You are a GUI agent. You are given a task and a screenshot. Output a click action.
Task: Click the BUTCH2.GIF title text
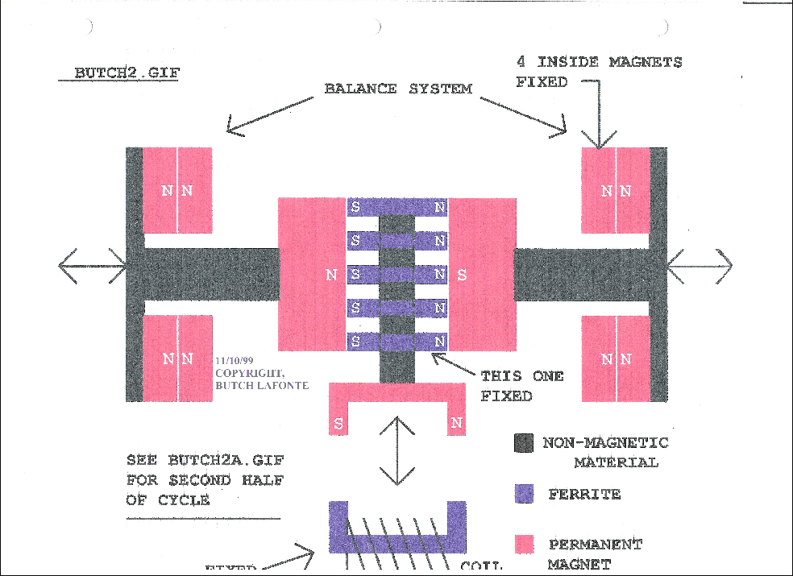(x=127, y=73)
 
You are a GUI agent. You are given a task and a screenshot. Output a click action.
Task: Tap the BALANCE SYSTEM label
(x=397, y=89)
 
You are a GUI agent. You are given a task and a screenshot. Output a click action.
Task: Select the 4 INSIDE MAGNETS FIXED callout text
(x=598, y=72)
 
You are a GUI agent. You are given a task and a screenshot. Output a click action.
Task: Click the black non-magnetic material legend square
(x=524, y=443)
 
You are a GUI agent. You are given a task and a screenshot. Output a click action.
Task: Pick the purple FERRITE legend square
(x=524, y=493)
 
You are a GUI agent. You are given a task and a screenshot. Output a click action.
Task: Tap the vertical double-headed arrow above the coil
(x=397, y=451)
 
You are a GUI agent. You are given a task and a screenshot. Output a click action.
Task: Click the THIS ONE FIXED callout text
(x=521, y=386)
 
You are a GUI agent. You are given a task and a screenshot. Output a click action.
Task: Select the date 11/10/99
(x=235, y=363)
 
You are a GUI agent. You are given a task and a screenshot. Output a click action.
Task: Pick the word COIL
(x=481, y=567)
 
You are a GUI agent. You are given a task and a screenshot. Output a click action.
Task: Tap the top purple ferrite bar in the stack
(x=396, y=207)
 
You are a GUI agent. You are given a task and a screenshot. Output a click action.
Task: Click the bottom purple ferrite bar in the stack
(x=396, y=342)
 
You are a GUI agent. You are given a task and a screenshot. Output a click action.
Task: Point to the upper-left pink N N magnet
(x=177, y=190)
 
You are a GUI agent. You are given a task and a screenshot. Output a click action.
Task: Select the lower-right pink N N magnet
(x=616, y=358)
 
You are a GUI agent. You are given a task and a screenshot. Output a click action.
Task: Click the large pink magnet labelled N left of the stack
(x=313, y=274)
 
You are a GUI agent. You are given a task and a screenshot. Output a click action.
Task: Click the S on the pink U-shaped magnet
(x=338, y=423)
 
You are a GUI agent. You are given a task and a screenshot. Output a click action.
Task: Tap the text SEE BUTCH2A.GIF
(x=206, y=462)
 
